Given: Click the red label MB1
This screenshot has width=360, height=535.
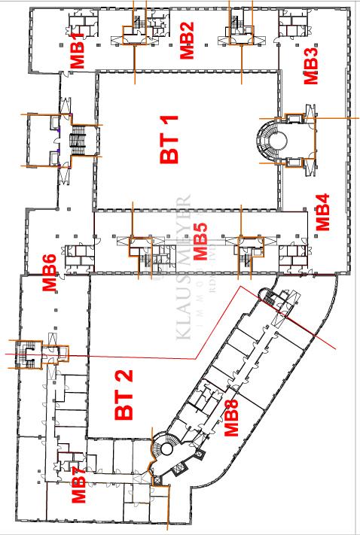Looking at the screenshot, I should click(x=78, y=55).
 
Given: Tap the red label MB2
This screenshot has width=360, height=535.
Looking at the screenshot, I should click(x=187, y=43).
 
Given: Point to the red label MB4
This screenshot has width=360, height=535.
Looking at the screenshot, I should click(x=322, y=212).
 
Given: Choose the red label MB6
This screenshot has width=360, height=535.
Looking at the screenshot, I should click(x=49, y=272).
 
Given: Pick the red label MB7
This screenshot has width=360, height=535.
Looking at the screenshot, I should click(x=79, y=485).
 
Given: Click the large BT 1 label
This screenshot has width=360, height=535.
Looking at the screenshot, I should click(x=170, y=141).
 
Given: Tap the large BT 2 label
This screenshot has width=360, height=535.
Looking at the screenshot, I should click(x=124, y=397).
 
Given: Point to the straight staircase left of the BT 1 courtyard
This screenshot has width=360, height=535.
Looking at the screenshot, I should click(x=78, y=140).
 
